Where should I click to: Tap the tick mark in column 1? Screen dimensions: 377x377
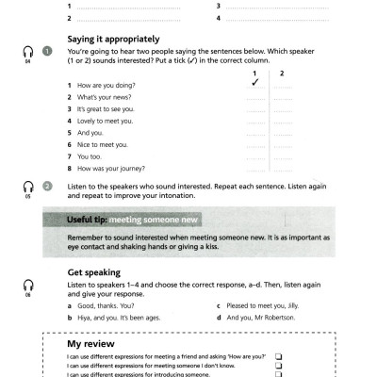coord(255,84)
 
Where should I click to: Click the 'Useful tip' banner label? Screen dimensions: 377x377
coord(86,220)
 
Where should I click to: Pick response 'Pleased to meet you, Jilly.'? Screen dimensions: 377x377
coord(259,306)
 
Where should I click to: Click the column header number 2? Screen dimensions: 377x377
coord(281,73)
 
